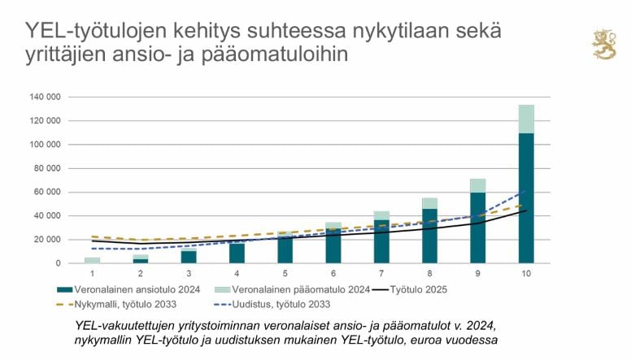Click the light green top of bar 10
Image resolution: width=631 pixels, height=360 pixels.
(526, 119)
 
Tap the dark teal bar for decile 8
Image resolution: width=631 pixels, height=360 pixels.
(429, 236)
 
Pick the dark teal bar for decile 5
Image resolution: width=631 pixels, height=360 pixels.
(285, 249)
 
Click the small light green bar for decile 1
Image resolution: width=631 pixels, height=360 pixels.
(93, 260)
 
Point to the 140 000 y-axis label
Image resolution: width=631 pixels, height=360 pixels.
(46, 97)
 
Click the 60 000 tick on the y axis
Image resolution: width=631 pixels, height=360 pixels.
(48, 192)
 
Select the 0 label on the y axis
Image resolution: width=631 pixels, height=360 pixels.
(59, 263)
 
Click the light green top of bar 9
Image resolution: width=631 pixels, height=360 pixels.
(478, 185)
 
